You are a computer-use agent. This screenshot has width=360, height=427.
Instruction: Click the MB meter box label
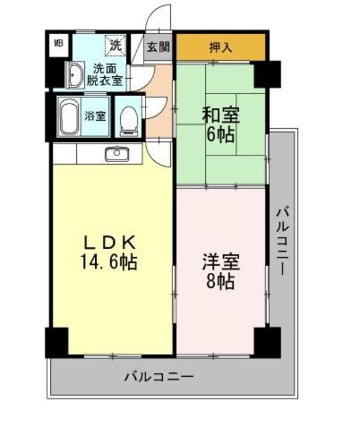58,45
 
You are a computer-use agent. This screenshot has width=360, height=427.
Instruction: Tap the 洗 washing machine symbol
116,45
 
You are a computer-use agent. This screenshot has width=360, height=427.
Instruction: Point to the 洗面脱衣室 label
107,74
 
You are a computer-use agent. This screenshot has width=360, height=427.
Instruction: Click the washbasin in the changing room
74,75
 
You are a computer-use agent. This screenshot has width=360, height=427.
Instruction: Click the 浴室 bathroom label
95,115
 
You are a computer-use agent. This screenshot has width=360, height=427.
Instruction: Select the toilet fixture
128,118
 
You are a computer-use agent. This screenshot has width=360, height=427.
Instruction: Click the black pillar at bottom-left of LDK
56,342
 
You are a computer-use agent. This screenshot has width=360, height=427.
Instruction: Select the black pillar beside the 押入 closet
266,73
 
